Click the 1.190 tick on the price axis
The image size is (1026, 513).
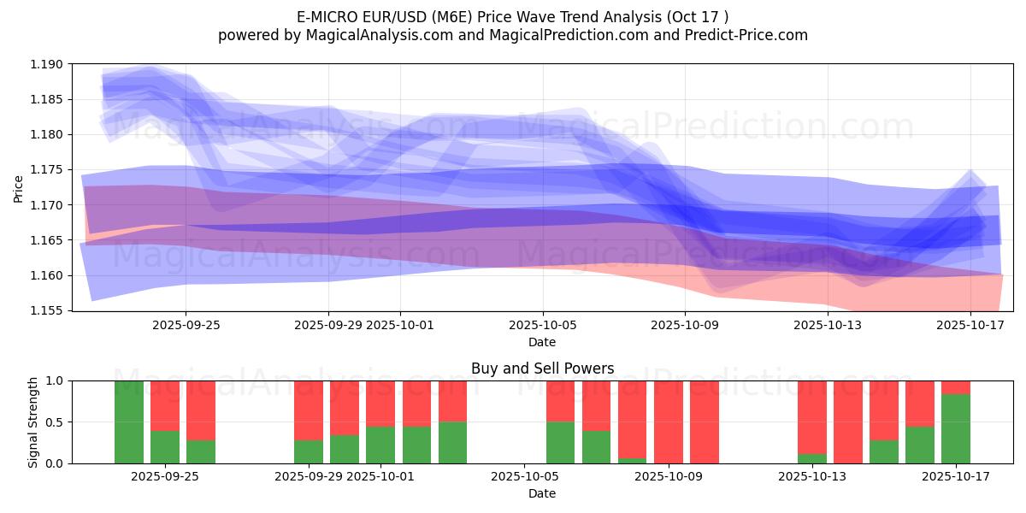click(x=47, y=64)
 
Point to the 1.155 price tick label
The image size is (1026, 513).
click(x=47, y=310)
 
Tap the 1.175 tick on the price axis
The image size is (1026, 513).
click(x=47, y=169)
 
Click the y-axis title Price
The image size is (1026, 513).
click(x=19, y=188)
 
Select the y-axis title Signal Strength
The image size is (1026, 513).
click(x=32, y=422)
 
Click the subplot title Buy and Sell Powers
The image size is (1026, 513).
click(x=542, y=369)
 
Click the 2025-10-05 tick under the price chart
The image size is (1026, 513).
click(x=542, y=325)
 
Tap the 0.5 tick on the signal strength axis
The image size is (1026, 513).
click(x=56, y=422)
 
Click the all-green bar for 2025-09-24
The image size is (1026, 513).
click(x=129, y=422)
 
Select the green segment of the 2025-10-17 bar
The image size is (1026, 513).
click(x=956, y=429)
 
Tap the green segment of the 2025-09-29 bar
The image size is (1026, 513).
click(x=309, y=451)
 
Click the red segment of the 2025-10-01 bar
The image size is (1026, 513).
click(x=380, y=404)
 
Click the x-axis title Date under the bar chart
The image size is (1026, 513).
click(x=542, y=493)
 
